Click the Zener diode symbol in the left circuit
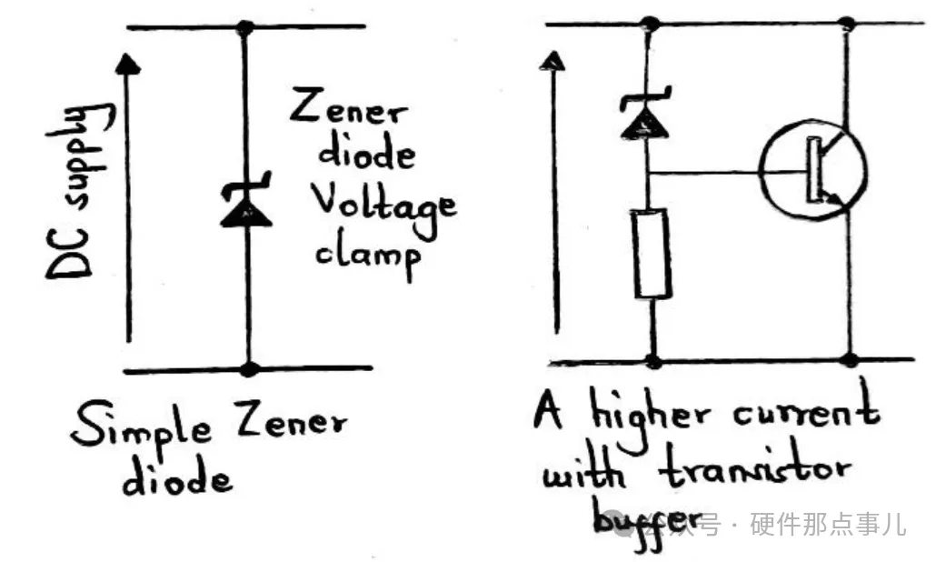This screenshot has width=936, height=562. [x=245, y=206]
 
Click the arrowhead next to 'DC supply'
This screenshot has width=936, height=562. [x=130, y=64]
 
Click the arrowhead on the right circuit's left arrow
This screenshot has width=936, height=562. [x=549, y=62]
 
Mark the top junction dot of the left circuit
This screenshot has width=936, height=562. [x=244, y=27]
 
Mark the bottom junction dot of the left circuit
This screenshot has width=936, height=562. [x=249, y=368]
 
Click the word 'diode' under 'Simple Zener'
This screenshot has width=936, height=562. [x=177, y=477]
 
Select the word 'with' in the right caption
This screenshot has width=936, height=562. [x=582, y=473]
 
